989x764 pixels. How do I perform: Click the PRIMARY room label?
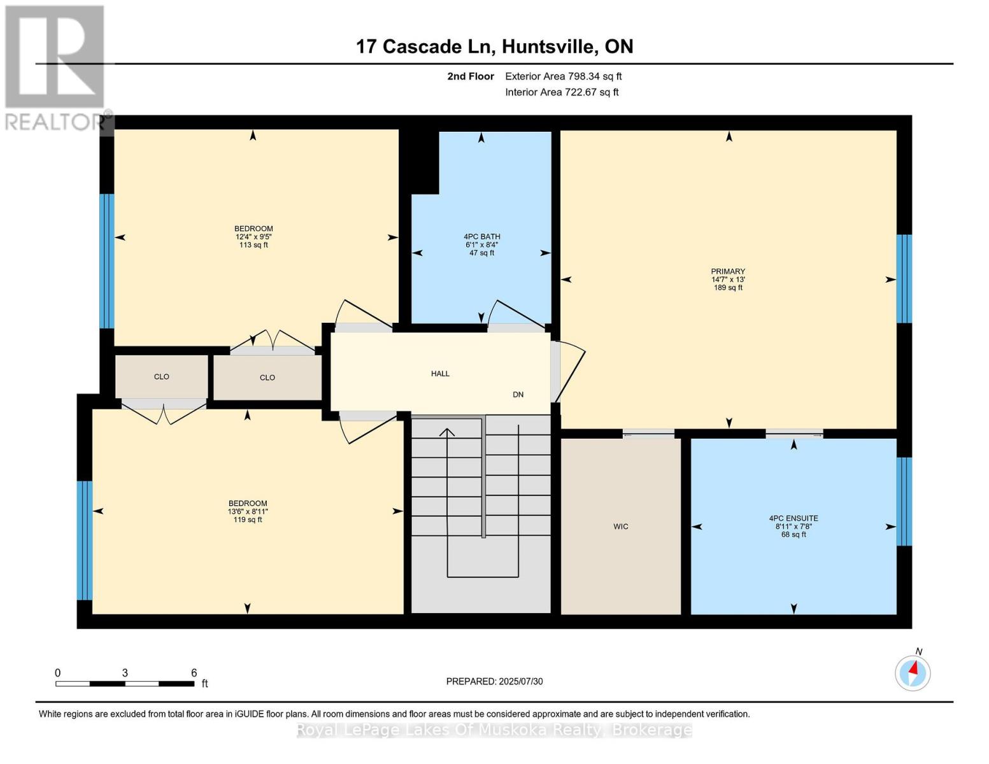tap(728, 271)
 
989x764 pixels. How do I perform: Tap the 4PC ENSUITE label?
tap(793, 518)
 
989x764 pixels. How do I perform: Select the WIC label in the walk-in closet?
tap(620, 527)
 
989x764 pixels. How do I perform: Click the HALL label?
tap(440, 374)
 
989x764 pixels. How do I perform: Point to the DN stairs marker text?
tap(518, 395)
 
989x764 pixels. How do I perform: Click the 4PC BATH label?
tap(481, 236)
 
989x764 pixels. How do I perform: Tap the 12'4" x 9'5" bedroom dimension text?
tap(253, 237)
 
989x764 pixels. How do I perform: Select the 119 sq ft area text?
tap(248, 520)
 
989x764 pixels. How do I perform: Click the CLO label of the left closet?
tap(161, 377)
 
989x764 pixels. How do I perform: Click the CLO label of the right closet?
tap(267, 378)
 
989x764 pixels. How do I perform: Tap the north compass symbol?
tap(913, 672)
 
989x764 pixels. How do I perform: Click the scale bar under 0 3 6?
tap(125, 684)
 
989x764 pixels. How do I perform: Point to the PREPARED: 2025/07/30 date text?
tap(494, 681)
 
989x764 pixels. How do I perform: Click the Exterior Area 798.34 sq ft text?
tap(563, 76)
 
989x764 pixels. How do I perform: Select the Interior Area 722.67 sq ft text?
tap(562, 92)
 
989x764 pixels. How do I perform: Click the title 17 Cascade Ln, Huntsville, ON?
tap(494, 46)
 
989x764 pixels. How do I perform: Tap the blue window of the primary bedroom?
tap(904, 279)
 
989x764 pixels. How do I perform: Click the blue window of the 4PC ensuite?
tap(904, 501)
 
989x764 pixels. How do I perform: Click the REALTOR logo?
tap(55, 67)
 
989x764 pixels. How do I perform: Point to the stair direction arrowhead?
tap(447, 432)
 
